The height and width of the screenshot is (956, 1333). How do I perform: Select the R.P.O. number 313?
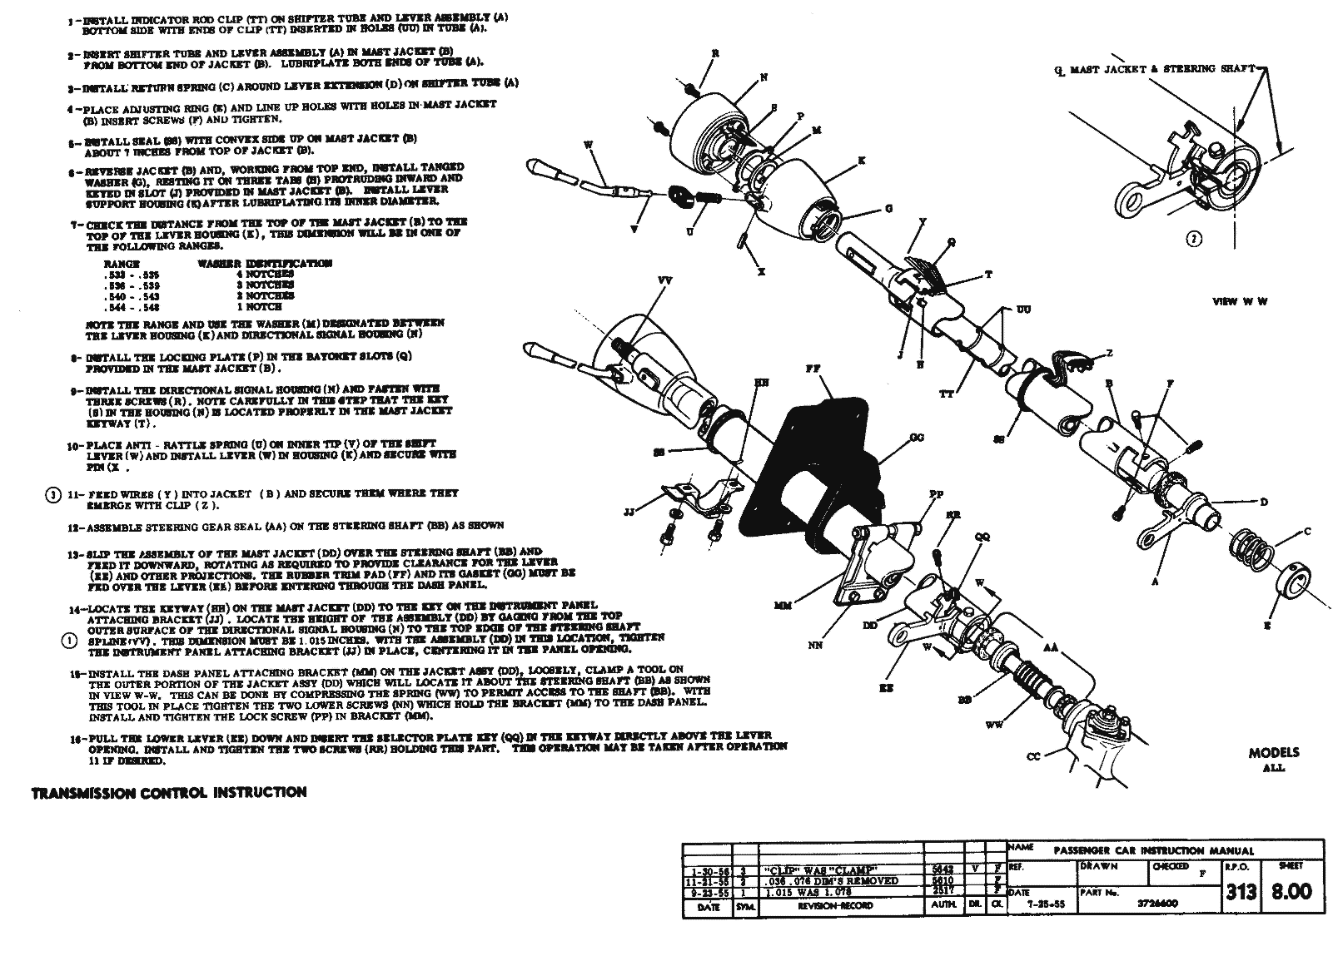(1241, 892)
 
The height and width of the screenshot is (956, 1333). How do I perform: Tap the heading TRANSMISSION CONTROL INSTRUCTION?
(169, 792)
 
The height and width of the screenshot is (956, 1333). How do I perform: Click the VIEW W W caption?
(1241, 301)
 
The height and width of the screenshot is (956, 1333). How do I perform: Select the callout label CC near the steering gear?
(1033, 756)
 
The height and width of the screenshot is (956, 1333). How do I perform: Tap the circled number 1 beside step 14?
(69, 640)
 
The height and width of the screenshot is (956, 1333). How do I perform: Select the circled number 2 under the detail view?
(1194, 240)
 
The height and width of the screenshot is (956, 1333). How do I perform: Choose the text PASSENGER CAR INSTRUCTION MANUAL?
(1153, 851)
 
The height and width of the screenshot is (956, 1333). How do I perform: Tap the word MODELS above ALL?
(1273, 753)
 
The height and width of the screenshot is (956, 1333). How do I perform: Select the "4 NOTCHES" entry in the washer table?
(265, 274)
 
